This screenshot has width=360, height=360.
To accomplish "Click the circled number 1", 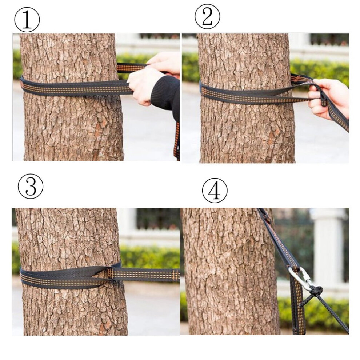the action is tap(27, 20).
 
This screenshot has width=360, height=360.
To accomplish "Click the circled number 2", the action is tap(207, 16).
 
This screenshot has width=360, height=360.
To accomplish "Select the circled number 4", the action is tap(215, 191).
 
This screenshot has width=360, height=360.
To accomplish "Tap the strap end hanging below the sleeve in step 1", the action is tap(177, 140).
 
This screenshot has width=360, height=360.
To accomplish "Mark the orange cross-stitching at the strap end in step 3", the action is tap(176, 275).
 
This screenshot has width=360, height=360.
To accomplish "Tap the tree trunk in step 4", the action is tap(229, 271).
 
